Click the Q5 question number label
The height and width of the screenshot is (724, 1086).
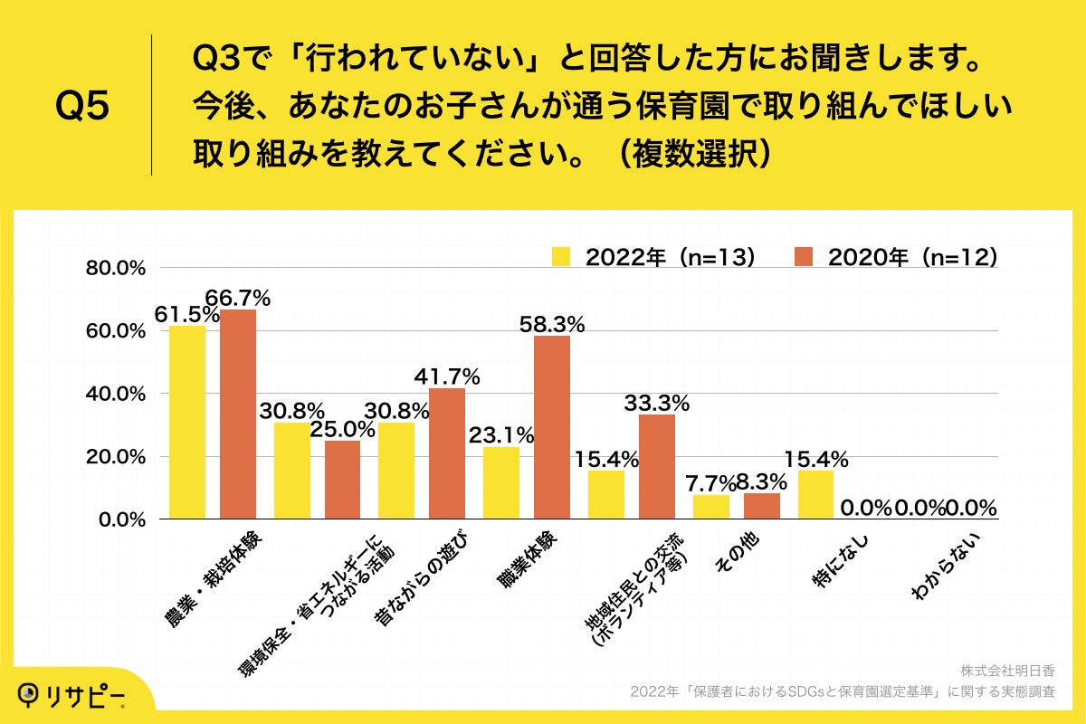(82, 107)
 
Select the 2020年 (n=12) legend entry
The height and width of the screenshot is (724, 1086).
(895, 257)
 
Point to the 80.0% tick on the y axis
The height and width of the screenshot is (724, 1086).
(116, 269)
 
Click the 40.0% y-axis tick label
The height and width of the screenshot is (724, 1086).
(116, 395)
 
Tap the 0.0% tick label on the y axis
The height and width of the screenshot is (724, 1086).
(119, 520)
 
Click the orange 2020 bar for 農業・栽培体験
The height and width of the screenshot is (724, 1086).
(237, 414)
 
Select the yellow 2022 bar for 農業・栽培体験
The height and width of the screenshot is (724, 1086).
(187, 423)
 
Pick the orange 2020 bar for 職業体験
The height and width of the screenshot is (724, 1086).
(552, 427)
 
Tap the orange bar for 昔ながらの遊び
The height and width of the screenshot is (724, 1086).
(447, 453)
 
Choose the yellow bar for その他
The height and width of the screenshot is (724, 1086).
(710, 507)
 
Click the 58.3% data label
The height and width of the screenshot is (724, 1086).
(552, 323)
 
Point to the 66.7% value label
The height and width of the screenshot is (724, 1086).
(238, 297)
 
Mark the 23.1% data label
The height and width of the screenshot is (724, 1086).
(501, 434)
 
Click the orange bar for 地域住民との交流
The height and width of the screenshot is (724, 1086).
(657, 467)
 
